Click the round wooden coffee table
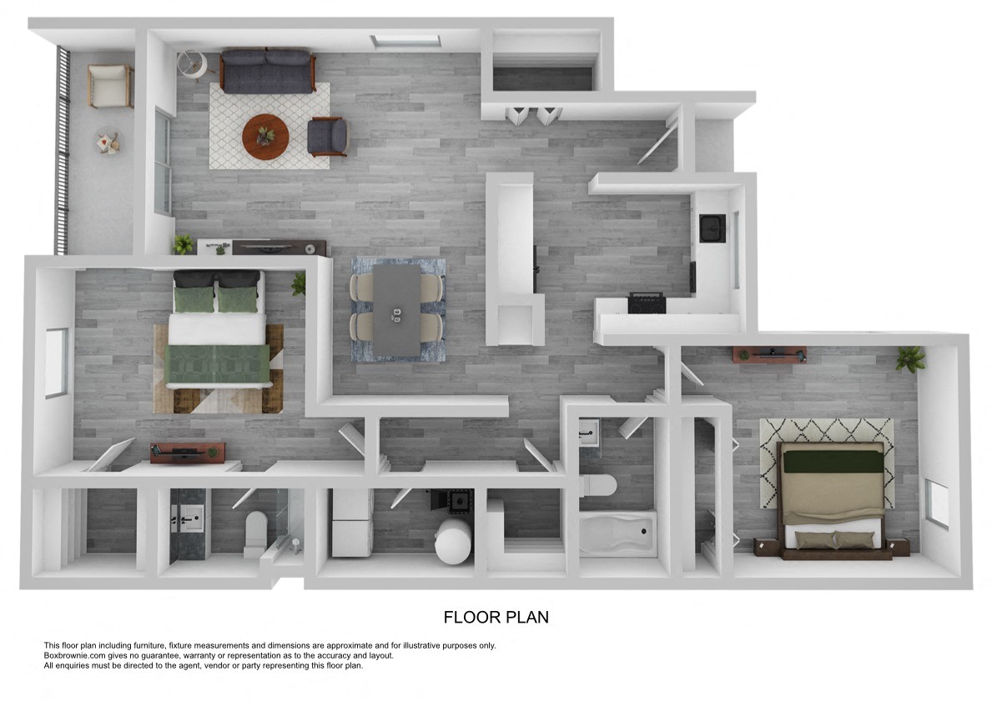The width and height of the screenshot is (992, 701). coord(265,138)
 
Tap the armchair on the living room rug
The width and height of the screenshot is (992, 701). coord(327,138)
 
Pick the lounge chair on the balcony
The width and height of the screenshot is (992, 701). coord(111,86)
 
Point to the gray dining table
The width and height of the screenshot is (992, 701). coord(396,310)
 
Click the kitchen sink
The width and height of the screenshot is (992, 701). coord(713,228)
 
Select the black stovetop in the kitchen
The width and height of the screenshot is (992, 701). coord(647,303)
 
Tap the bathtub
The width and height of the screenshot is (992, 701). coord(617,535)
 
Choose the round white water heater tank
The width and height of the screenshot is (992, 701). coord(453,541)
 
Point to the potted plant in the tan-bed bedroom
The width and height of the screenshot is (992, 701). coord(909,358)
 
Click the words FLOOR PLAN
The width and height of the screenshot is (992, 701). coord(496,617)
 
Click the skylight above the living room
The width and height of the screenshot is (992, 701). coord(405,42)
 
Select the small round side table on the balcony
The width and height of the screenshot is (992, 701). coord(108,143)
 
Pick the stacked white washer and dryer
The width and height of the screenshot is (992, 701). coord(352,523)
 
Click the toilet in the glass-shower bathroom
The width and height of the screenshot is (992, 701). coord(255,533)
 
